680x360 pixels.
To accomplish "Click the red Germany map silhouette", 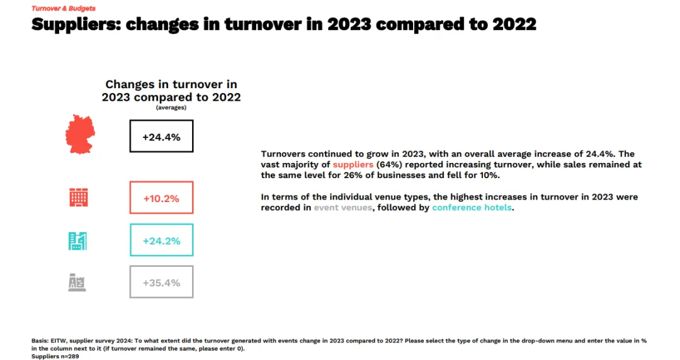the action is coord(80,135).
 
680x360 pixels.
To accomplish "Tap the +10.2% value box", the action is coord(161,198).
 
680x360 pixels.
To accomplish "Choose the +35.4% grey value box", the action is coord(161,282).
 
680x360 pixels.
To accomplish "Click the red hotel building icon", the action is coord(79,198).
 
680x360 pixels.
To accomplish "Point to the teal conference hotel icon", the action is coord(77,241).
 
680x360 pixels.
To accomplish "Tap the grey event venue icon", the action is coord(77,283).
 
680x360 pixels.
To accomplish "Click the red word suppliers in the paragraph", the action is coord(353,165).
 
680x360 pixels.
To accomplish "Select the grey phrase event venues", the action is coord(343,207).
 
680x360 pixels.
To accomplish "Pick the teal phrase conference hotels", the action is coord(472,207).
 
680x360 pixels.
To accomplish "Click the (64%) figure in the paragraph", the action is coord(389,165).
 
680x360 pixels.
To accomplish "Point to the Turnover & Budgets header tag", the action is coord(64,8).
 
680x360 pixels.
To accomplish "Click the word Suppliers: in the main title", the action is coord(76,25).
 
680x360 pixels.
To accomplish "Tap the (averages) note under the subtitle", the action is coord(171,108).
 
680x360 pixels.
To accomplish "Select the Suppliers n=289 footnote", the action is coord(55,356).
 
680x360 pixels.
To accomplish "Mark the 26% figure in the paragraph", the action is coord(365,175).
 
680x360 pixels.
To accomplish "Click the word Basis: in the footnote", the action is coord(40,341).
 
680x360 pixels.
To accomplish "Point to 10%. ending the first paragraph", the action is coord(490,175).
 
